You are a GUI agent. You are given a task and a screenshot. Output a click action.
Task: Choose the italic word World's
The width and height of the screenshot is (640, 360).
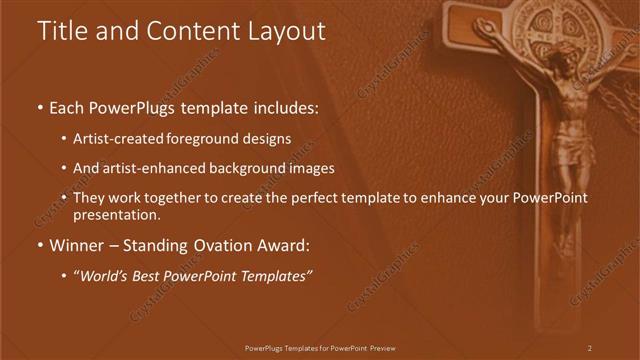click(105, 275)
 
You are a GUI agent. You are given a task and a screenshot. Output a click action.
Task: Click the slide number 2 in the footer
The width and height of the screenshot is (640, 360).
click(589, 348)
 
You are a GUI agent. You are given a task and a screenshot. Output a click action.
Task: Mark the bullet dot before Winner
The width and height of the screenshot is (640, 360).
click(40, 245)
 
